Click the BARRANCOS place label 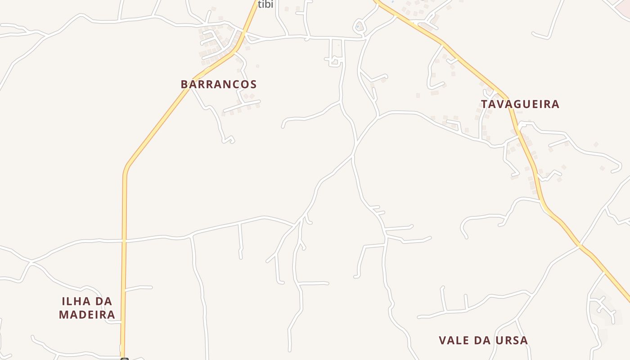pyautogui.click(x=219, y=84)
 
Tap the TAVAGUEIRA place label pyautogui.click(x=520, y=104)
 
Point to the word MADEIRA pyautogui.click(x=87, y=315)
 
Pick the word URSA pyautogui.click(x=512, y=340)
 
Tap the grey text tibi pyautogui.click(x=265, y=4)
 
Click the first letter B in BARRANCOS pyautogui.click(x=184, y=84)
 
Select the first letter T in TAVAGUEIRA pyautogui.click(x=484, y=104)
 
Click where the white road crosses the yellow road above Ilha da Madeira pyautogui.click(x=124, y=240)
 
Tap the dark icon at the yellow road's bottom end pyautogui.click(x=125, y=359)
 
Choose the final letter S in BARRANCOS pyautogui.click(x=253, y=84)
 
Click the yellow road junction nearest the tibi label pyautogui.click(x=244, y=32)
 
